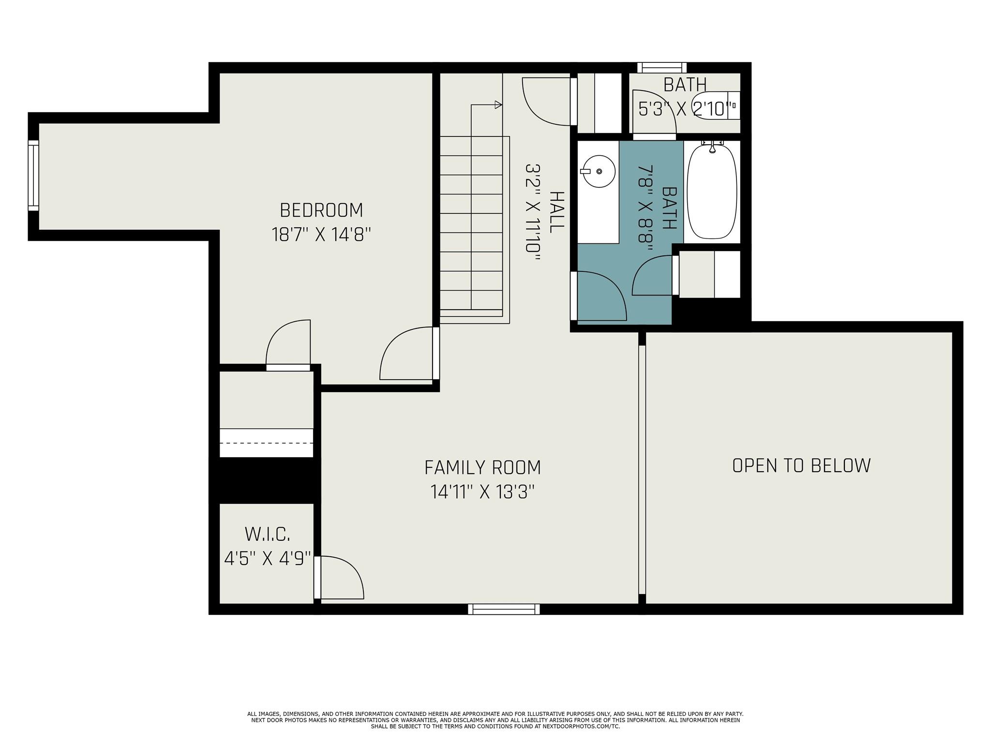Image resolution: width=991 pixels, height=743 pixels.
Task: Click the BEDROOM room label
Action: (321, 210)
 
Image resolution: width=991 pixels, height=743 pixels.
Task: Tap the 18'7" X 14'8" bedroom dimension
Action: (321, 235)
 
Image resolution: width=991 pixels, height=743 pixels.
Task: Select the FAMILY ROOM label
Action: (482, 468)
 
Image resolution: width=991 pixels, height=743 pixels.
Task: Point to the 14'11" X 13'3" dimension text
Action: (482, 492)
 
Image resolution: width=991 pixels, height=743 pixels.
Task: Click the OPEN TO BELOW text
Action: (801, 465)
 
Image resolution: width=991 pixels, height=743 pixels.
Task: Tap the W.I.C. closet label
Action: (267, 535)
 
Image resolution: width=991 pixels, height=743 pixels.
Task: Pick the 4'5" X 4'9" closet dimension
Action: (267, 559)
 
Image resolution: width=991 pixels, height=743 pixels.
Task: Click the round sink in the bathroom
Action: (599, 171)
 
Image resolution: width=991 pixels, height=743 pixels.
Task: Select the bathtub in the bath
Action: (712, 192)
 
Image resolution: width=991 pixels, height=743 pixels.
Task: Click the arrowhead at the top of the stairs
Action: (498, 104)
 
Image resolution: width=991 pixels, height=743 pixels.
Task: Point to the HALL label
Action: (557, 212)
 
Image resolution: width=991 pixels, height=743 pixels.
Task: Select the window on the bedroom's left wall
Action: (33, 176)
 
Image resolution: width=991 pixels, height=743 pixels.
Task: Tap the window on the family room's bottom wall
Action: (504, 609)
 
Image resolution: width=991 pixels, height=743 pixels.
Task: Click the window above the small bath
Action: (662, 68)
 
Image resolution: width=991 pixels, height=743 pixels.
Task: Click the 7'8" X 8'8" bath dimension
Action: (645, 208)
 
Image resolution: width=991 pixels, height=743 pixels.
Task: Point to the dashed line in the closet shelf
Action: (267, 443)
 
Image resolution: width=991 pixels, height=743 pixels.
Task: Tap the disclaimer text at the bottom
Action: (495, 720)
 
